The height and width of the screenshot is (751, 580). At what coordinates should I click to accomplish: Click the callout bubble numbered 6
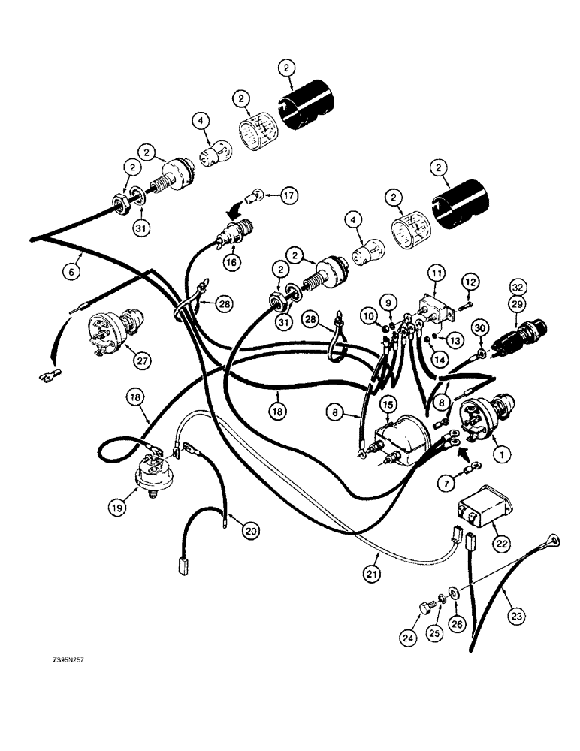click(x=71, y=273)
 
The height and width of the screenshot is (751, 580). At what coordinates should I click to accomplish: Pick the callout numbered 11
click(x=437, y=270)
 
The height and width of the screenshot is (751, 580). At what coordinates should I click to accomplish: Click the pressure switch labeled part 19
click(x=152, y=475)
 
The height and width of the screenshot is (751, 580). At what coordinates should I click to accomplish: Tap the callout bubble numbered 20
click(x=249, y=529)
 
